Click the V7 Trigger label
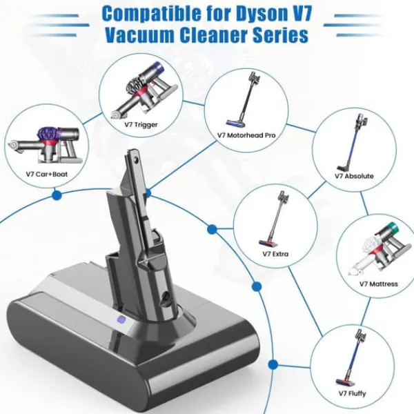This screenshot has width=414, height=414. tap(141, 125)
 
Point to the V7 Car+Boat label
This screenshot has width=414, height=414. tap(47, 175)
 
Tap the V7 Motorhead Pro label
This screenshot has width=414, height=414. tap(246, 135)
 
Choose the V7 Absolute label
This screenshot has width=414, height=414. tap(354, 176)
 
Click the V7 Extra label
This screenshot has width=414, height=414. tap(275, 254)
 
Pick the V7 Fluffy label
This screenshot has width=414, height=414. tap(352, 393)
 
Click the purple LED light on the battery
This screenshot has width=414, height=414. tap(121, 320)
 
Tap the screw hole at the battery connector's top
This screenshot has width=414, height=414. tap(136, 159)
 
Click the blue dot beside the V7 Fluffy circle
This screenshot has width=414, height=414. tap(273, 364)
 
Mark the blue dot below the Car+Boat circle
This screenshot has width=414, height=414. tap(57, 196)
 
